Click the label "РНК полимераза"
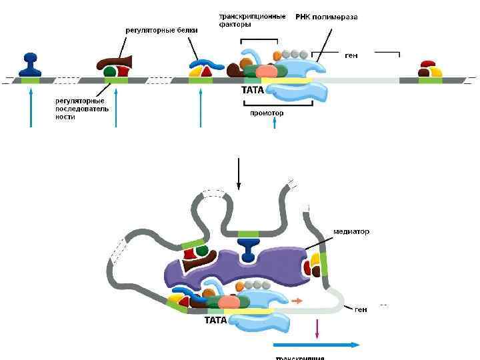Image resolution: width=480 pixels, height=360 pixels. [x=327, y=17]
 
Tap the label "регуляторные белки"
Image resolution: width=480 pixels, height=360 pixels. [x=161, y=30]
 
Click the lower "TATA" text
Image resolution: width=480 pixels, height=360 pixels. [x=216, y=320]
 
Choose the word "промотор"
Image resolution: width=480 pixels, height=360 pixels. [x=267, y=113]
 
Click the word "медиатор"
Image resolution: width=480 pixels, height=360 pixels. [x=351, y=231]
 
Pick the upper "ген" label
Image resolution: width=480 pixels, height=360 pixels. [x=351, y=56]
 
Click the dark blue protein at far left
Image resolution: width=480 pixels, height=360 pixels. [x=30, y=64]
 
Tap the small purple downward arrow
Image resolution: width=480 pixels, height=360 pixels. [x=317, y=328]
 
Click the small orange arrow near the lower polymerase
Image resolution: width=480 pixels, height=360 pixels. [x=297, y=301]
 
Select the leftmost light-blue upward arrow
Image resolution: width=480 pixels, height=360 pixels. [x=31, y=107]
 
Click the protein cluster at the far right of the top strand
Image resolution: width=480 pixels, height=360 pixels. [x=430, y=69]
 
